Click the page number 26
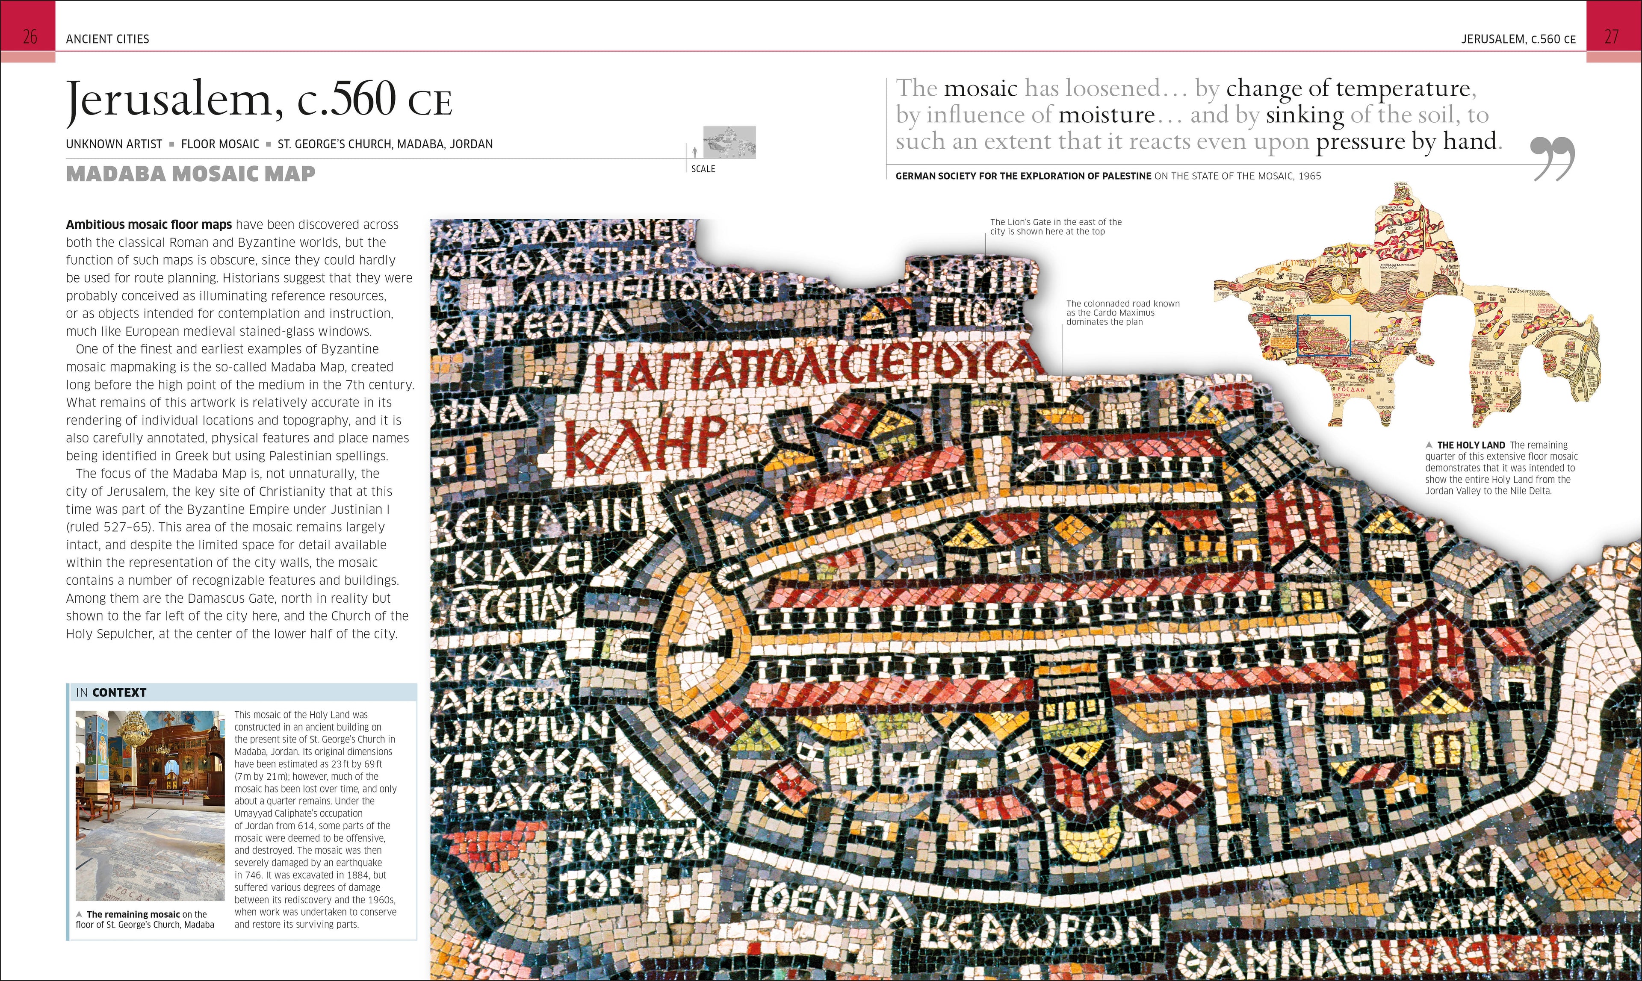pyautogui.click(x=30, y=37)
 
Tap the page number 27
pyautogui.click(x=1612, y=37)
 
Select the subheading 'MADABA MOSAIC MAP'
pyautogui.click(x=190, y=174)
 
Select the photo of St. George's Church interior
pyautogui.click(x=150, y=805)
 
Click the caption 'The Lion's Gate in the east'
pyautogui.click(x=1055, y=227)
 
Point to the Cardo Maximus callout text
pyautogui.click(x=1122, y=312)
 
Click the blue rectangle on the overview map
pyautogui.click(x=1323, y=336)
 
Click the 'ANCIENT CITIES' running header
pyautogui.click(x=107, y=39)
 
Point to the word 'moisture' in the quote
pyautogui.click(x=1106, y=115)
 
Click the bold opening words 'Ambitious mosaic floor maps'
pyautogui.click(x=149, y=225)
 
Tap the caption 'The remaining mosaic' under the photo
pyautogui.click(x=133, y=914)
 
